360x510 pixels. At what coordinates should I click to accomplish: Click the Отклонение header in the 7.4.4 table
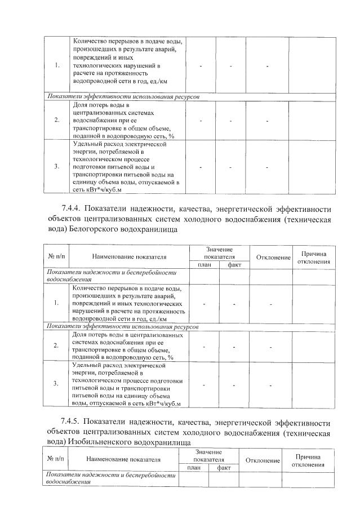point(273,258)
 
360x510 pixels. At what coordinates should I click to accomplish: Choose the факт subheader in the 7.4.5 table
point(224,468)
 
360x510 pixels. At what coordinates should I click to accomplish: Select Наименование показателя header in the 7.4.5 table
point(123,460)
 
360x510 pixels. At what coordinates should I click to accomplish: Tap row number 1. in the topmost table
point(58,66)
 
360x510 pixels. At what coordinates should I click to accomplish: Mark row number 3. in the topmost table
point(58,167)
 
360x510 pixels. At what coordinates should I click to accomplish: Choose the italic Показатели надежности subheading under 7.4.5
point(111,479)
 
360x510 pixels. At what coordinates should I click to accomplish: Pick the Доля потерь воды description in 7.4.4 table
point(130,345)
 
